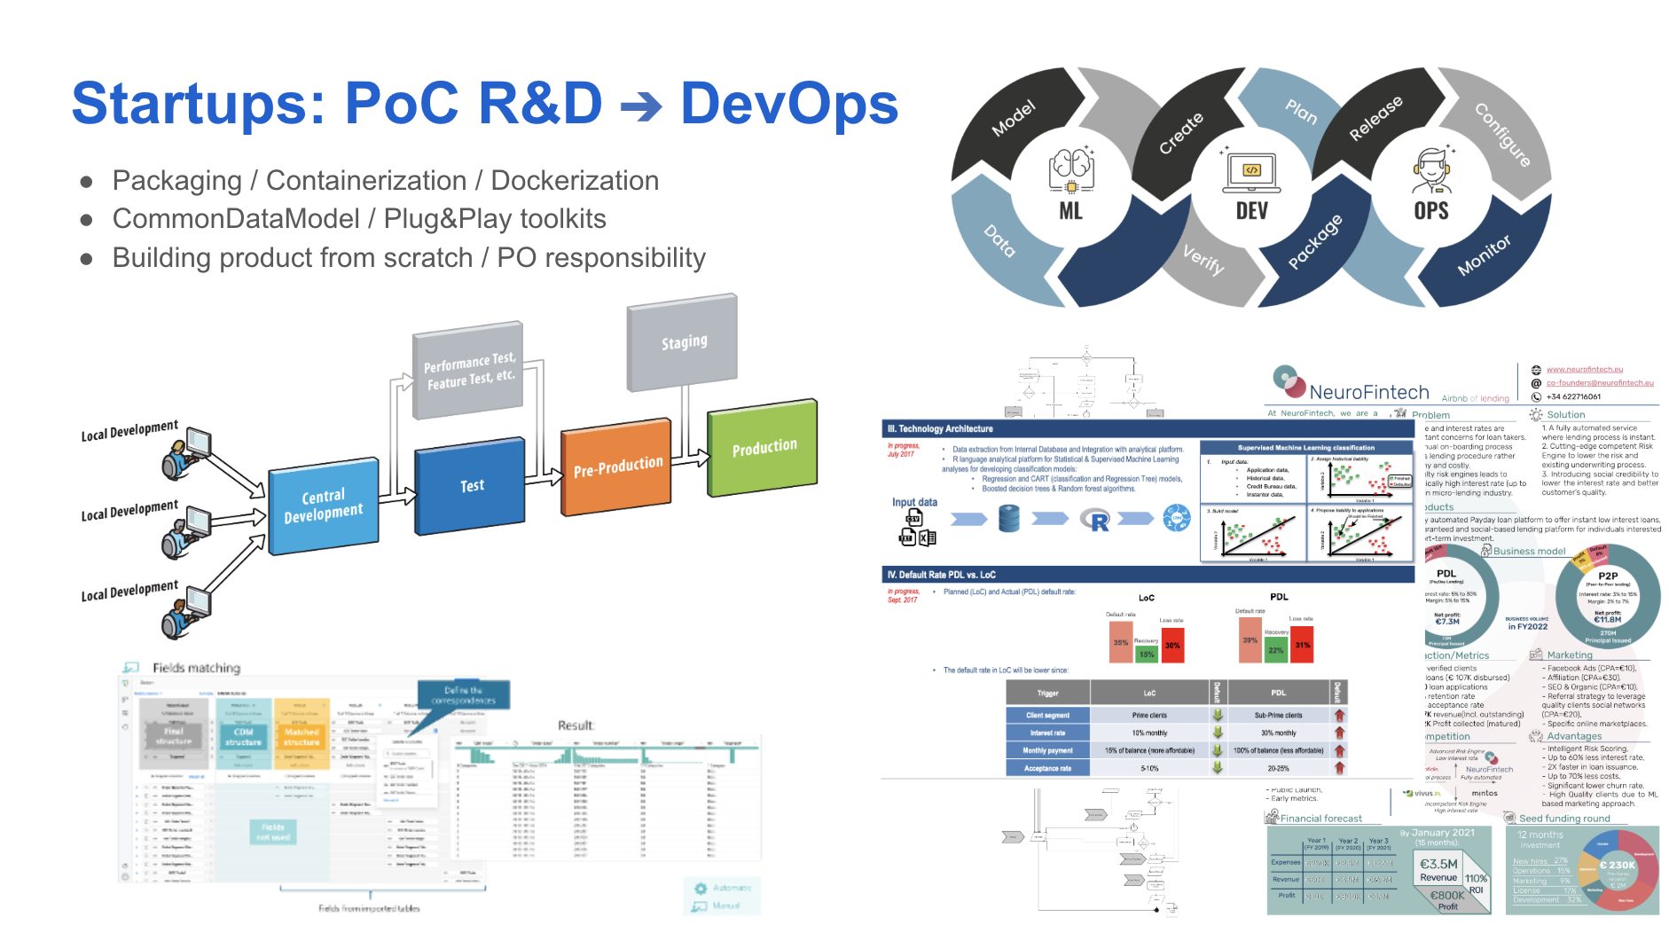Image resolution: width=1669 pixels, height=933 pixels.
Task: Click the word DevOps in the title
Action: (x=788, y=105)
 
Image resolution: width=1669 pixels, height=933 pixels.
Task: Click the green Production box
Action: (x=764, y=448)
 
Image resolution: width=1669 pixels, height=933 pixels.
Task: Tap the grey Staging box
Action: (x=683, y=342)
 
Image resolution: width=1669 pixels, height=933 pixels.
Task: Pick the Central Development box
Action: (x=323, y=505)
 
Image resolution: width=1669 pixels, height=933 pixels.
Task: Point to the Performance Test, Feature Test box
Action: (x=468, y=372)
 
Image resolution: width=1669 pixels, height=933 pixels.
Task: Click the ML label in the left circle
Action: (x=1070, y=211)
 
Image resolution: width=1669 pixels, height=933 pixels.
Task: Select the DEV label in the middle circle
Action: (x=1251, y=211)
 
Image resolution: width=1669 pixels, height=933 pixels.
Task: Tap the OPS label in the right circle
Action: (x=1431, y=211)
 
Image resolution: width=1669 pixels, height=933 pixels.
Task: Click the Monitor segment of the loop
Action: (x=1484, y=255)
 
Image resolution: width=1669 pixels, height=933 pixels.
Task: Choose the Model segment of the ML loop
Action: (x=1013, y=119)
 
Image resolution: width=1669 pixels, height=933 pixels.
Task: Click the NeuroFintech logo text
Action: (x=1368, y=392)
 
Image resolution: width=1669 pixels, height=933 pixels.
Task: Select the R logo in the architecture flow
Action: (x=1098, y=521)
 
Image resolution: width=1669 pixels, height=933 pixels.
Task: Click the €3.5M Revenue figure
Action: (x=1438, y=868)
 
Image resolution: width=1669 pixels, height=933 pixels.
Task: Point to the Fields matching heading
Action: (x=196, y=668)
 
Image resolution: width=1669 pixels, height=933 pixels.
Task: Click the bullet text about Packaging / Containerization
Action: (x=385, y=181)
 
